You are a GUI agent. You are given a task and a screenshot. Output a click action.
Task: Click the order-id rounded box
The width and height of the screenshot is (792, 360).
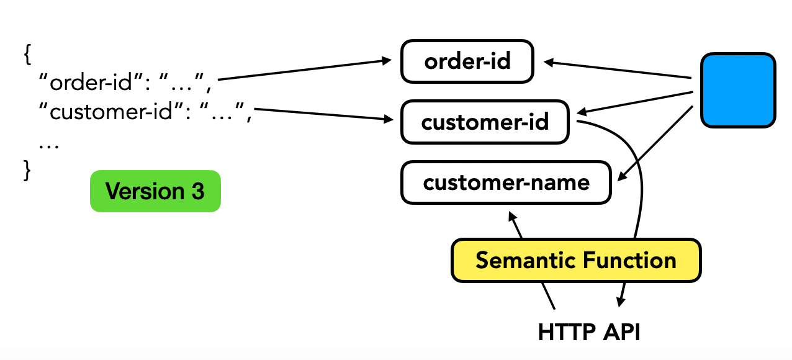tap(467, 61)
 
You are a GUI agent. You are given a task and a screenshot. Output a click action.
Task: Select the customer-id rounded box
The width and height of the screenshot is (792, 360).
tap(485, 122)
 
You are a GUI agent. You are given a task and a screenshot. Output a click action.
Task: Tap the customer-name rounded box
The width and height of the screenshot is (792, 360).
tap(506, 182)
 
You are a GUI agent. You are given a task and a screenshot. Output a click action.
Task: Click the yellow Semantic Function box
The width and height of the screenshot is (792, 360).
tap(576, 261)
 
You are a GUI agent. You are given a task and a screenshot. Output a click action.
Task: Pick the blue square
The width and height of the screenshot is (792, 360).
tap(738, 90)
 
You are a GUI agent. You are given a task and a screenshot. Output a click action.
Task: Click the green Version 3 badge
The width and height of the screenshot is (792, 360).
tap(155, 191)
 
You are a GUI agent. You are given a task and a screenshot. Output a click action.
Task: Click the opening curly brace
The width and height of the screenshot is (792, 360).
tap(27, 55)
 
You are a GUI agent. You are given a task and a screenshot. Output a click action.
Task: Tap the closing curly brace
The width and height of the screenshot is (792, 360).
tap(27, 171)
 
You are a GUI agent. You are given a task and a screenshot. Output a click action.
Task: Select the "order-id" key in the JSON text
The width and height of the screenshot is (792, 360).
tap(91, 82)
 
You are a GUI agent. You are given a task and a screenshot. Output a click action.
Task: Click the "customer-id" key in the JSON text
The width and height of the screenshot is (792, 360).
tap(111, 111)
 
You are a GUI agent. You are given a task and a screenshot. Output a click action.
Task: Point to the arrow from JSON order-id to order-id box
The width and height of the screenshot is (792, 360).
tap(304, 70)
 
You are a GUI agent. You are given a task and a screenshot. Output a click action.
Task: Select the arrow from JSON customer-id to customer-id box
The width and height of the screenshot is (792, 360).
tap(323, 115)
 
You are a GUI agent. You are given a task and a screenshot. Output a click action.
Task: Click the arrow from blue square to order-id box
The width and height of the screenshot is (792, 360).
tap(618, 70)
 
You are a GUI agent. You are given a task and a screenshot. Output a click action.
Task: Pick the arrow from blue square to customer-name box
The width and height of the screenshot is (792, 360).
tap(655, 143)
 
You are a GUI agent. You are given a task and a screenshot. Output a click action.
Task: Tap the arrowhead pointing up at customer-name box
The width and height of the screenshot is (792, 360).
tap(512, 217)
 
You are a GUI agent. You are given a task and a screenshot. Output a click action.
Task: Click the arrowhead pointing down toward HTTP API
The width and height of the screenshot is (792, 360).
tap(621, 302)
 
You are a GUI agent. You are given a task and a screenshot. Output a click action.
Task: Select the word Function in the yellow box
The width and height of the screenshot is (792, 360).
tap(629, 261)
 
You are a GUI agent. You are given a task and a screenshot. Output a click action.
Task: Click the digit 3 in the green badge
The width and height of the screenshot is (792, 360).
tap(198, 191)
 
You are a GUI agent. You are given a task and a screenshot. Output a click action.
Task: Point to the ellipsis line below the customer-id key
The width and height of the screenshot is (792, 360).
tap(49, 146)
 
